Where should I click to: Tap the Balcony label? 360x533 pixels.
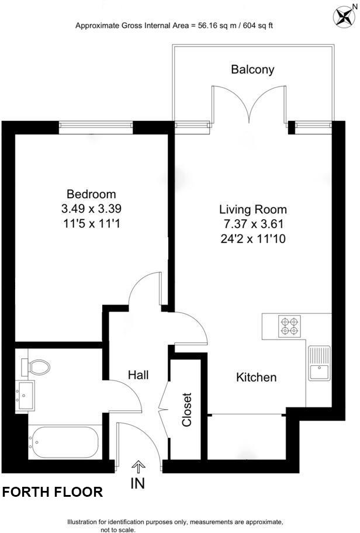pos(252,70)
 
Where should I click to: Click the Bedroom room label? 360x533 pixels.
pos(91,194)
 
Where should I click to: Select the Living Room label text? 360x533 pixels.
pos(253,209)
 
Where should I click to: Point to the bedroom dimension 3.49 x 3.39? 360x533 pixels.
pos(92,208)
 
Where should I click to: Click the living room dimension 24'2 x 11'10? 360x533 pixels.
pos(253,238)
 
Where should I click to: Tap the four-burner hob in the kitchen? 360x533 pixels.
pos(290,326)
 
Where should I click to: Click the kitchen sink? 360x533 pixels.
pos(319,363)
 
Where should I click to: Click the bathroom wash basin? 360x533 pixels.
pos(26,396)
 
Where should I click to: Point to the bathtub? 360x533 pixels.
pos(64,442)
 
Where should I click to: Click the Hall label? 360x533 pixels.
pos(138,375)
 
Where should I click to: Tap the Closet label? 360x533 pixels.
pos(187,409)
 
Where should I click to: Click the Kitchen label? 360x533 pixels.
pos(256,378)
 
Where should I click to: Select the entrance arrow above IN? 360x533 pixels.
pos(139,465)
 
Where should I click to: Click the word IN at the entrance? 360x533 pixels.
pos(139,483)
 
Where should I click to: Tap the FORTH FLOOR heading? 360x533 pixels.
pos(53,492)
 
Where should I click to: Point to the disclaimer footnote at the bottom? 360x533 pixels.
pos(175,525)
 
